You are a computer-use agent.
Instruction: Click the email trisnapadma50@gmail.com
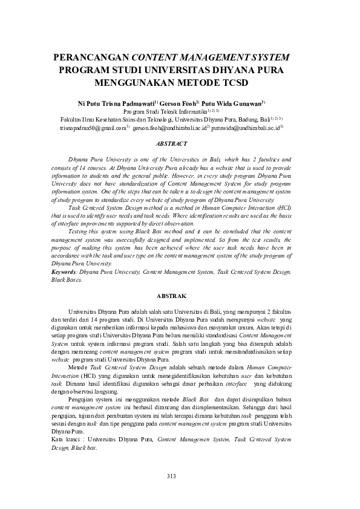(x=92, y=128)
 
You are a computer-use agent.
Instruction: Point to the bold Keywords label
(x=64, y=273)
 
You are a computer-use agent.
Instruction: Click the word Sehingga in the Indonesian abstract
(x=254, y=409)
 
